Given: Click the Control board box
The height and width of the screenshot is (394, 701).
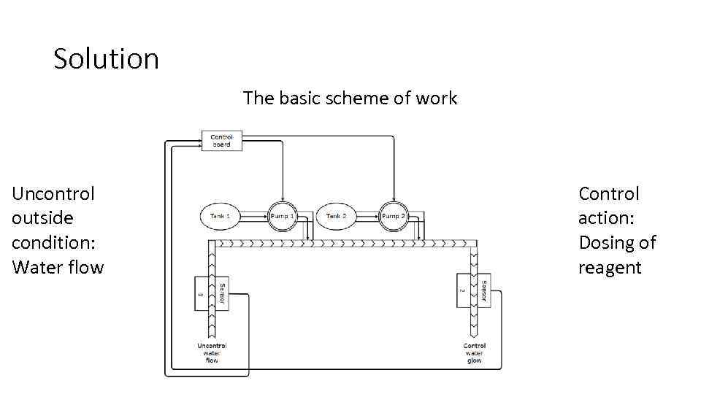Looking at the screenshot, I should point(221,141).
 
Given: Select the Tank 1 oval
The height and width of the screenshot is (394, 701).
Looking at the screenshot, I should point(220,217).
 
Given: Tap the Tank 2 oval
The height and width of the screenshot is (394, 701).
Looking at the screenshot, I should point(337,217).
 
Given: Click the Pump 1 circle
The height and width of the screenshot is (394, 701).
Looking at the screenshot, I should point(282,217).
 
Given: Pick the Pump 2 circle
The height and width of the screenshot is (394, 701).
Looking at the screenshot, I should point(393,217).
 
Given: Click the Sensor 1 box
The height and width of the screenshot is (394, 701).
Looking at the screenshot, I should point(203,293).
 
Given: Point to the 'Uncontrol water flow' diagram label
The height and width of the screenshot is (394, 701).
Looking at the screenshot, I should point(212,353).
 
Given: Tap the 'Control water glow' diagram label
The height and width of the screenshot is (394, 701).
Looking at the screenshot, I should point(474,353).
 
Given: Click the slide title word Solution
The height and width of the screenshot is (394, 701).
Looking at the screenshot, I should point(106,58).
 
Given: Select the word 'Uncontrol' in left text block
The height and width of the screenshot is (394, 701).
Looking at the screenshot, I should point(53,194).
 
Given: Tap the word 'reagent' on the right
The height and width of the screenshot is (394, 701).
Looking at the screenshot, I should point(610,267).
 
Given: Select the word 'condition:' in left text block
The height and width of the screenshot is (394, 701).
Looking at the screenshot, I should point(53,243).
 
